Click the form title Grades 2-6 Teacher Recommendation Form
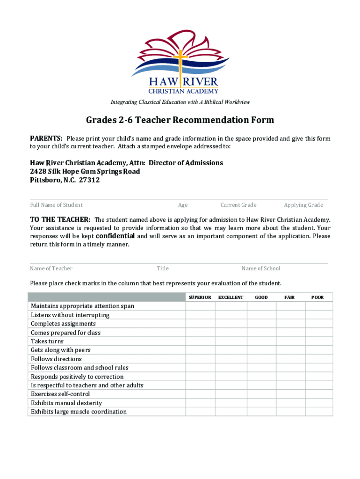[180, 120]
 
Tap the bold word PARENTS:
[46, 138]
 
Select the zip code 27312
[89, 180]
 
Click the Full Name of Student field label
[56, 205]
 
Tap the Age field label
[183, 205]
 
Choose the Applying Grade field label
[303, 205]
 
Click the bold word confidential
[115, 236]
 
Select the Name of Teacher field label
[51, 269]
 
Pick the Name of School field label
[261, 269]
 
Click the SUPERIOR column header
[200, 298]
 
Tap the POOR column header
[317, 298]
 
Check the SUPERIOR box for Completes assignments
[200, 324]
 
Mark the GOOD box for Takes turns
[261, 341]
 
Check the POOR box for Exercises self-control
[318, 394]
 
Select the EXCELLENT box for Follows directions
[230, 359]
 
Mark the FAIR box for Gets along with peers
[290, 350]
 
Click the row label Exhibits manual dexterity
[66, 403]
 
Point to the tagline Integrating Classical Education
[180, 102]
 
